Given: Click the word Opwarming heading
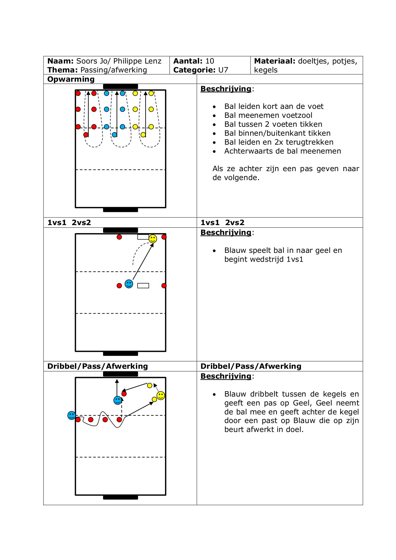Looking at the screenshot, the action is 71,79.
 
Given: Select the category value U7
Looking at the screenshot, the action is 223,70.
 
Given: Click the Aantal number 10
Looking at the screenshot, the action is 210,61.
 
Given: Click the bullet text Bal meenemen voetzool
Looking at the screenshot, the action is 268,115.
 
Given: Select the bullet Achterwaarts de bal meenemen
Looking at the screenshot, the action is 283,151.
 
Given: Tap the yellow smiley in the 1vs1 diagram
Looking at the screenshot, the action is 153,238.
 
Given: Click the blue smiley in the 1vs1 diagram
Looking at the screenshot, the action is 129,284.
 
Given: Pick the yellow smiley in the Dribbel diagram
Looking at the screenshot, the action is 161,396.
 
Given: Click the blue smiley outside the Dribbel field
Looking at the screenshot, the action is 71,415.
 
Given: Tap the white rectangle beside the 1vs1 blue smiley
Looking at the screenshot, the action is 143,286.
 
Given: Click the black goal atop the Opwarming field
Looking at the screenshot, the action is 121,87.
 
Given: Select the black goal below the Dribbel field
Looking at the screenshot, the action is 121,497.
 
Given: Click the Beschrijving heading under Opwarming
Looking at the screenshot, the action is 226,89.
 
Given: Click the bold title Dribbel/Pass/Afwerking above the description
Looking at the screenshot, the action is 251,366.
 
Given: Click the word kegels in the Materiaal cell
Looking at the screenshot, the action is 266,70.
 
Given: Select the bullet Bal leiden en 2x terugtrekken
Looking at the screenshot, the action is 279,142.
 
